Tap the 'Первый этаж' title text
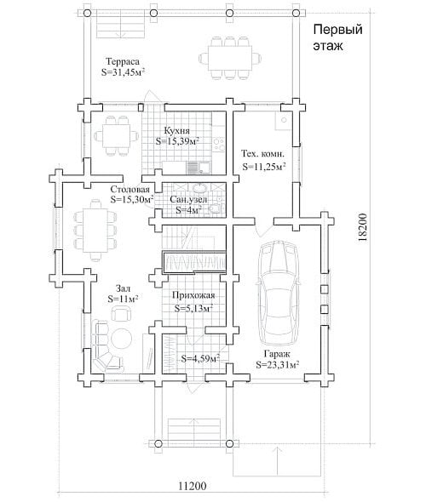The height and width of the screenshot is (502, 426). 337,37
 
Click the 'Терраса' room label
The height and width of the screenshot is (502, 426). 123,61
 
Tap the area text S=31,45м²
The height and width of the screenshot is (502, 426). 123,72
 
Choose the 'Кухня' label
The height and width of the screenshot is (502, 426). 177,131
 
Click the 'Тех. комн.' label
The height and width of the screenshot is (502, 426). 263,154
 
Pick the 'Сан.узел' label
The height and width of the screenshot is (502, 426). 188,199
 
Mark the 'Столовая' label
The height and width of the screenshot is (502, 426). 130,189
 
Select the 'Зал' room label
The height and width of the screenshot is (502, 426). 123,288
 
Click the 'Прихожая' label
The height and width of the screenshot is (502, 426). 193,295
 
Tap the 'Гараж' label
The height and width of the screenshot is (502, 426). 277,354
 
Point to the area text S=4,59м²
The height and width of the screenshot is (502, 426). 200,358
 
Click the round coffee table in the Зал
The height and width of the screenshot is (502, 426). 121,339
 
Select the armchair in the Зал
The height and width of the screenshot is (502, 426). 121,312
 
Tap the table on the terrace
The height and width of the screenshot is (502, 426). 230,59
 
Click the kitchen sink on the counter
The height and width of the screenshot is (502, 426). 204,167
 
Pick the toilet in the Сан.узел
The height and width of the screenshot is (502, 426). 216,208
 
